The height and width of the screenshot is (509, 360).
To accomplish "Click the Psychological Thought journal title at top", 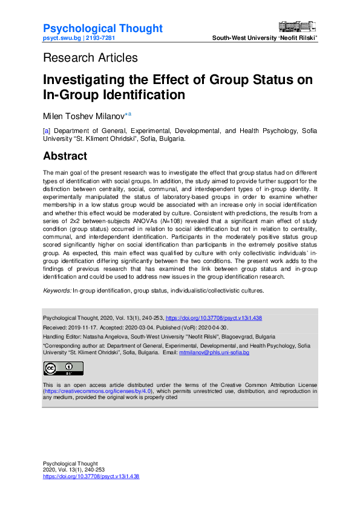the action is pyautogui.click(x=103, y=28).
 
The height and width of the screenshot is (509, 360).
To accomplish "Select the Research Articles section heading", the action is pyautogui.click(x=90, y=58).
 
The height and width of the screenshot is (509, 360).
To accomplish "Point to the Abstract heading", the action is pyautogui.click(x=65, y=156).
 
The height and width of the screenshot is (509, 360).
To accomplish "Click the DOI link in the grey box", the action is pyautogui.click(x=214, y=318).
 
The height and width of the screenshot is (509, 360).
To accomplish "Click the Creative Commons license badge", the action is pyautogui.click(x=63, y=369).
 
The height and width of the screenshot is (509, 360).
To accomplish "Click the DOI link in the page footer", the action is pyautogui.click(x=91, y=476).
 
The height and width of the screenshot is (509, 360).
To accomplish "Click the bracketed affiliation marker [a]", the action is pyautogui.click(x=46, y=131).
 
